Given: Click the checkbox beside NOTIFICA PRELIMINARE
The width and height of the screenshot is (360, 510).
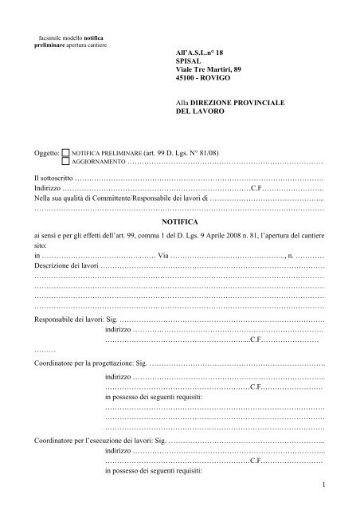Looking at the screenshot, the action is (65, 150).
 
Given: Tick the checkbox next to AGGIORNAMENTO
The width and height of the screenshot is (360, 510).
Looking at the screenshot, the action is (65, 160).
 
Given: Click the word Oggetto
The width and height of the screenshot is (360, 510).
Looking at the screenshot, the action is (46, 150).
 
